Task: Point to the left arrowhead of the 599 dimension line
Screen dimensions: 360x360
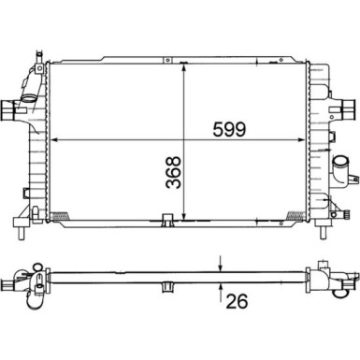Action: [x=51, y=141]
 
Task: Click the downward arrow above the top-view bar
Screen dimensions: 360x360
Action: [x=221, y=264]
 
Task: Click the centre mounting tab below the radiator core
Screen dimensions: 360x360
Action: [x=166, y=222]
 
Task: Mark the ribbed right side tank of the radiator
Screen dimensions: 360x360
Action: [x=321, y=140]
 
